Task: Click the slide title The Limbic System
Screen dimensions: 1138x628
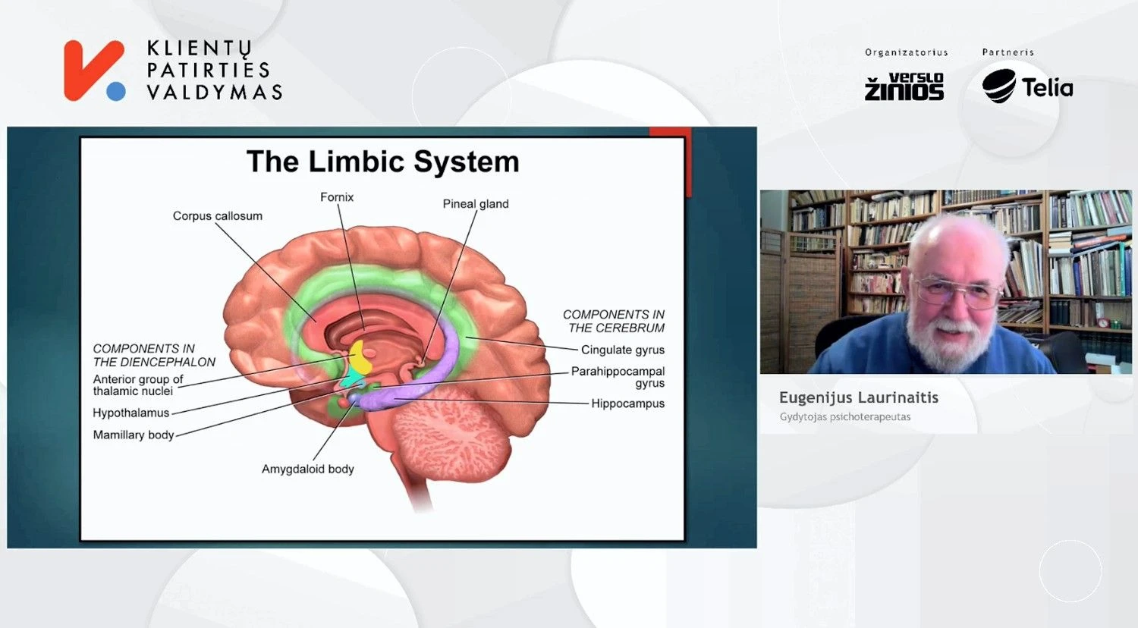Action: [x=383, y=162]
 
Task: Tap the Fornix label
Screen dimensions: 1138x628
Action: [x=337, y=197]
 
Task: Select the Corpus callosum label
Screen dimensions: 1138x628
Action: [x=218, y=216]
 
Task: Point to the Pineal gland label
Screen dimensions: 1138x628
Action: [x=476, y=204]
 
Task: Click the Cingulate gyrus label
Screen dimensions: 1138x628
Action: [x=623, y=350]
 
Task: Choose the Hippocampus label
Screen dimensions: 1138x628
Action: [x=628, y=403]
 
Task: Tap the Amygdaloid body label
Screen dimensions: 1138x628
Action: [x=308, y=469]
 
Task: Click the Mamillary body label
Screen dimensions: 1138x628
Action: [x=134, y=435]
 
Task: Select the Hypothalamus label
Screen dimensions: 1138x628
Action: [x=131, y=413]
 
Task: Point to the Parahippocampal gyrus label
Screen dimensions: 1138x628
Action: [x=618, y=377]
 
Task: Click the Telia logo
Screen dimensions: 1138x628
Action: [x=1027, y=86]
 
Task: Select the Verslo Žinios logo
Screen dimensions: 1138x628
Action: [x=904, y=86]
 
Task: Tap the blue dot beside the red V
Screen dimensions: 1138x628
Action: [x=116, y=92]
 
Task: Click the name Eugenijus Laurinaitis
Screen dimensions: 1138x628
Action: [x=859, y=398]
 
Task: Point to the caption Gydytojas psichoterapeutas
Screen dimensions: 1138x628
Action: [x=845, y=417]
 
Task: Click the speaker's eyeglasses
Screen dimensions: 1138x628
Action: [x=957, y=291]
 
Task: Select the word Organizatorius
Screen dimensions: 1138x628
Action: [x=907, y=52]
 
